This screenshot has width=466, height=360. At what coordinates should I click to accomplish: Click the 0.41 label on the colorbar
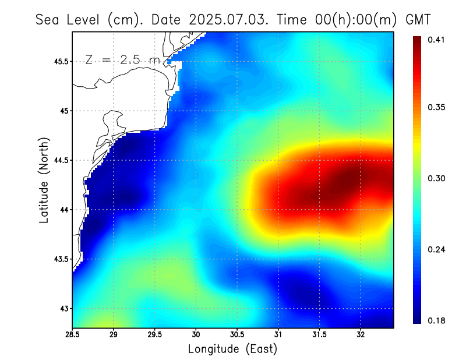click(x=436, y=40)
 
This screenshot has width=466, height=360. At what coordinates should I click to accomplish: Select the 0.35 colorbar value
click(x=436, y=107)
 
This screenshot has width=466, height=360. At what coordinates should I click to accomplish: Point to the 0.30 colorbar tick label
click(x=436, y=178)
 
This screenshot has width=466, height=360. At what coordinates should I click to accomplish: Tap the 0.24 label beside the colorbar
click(x=436, y=249)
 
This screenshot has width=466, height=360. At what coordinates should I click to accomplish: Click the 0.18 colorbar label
click(x=436, y=320)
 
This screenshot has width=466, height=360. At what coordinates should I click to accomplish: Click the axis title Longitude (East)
click(x=232, y=349)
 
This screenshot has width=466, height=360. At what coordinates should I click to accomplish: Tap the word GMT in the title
click(x=418, y=19)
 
